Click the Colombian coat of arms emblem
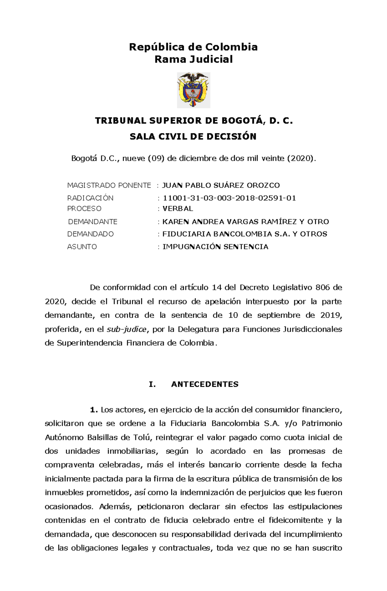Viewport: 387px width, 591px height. click(193, 90)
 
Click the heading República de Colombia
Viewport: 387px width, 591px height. click(193, 47)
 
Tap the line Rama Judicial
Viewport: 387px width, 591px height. click(193, 59)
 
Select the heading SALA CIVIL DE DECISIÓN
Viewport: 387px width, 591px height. click(193, 137)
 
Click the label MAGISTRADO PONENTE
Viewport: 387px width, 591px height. click(109, 186)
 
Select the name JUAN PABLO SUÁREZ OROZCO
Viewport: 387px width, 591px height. click(221, 186)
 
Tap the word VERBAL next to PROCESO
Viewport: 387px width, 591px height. click(178, 209)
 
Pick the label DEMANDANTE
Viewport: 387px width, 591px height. click(93, 222)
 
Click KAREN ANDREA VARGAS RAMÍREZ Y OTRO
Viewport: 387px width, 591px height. click(245, 222)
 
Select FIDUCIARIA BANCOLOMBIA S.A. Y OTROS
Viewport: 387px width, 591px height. click(244, 234)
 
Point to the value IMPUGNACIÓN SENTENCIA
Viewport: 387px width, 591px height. click(215, 247)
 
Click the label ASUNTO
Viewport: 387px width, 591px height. click(82, 247)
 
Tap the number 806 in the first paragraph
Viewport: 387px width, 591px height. click(322, 287)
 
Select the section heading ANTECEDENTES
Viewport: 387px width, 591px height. click(204, 384)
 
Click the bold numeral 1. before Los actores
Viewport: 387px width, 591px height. click(94, 410)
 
